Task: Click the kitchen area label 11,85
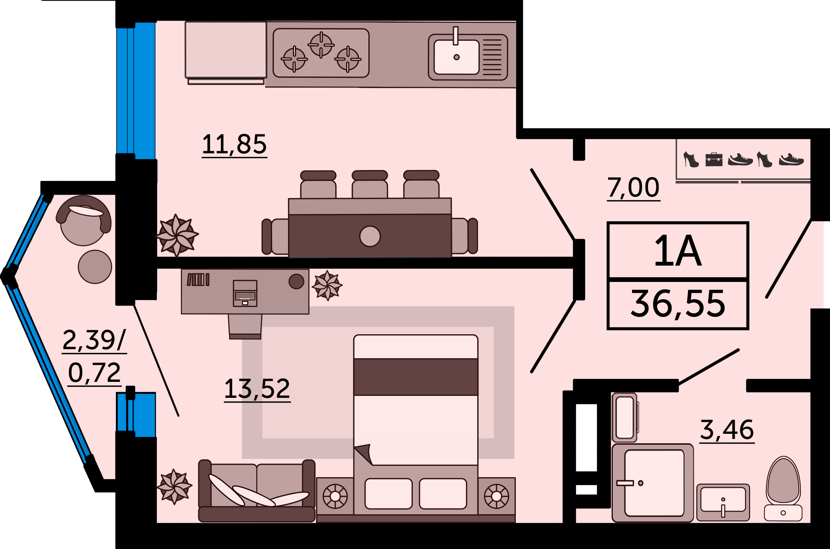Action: (x=234, y=144)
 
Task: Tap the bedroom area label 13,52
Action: (x=257, y=389)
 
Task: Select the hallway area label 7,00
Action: (x=633, y=187)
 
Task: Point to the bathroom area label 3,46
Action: (x=727, y=430)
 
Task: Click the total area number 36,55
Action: (x=678, y=304)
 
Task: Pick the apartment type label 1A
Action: (x=678, y=251)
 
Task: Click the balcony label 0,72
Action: (x=94, y=373)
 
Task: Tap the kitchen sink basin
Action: (x=457, y=57)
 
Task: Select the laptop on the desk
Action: (x=245, y=293)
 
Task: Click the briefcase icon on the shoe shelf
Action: (x=714, y=160)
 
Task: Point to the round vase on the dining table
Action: (x=370, y=236)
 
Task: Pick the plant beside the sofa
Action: (x=174, y=486)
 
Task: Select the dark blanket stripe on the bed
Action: (x=416, y=377)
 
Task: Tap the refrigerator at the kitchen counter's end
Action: (x=226, y=51)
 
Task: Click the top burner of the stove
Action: (x=321, y=45)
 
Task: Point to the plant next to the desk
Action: (x=327, y=285)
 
